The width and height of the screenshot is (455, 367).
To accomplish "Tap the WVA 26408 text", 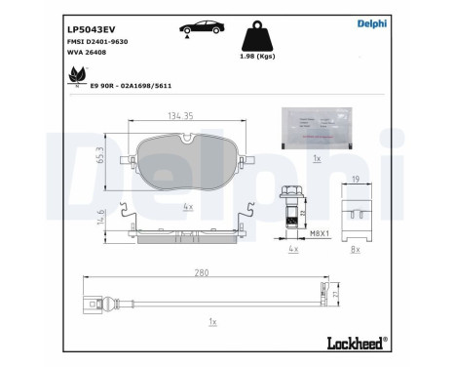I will (87, 59).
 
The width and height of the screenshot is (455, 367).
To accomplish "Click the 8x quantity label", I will (355, 249).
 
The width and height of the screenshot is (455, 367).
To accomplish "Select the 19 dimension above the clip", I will (357, 180).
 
